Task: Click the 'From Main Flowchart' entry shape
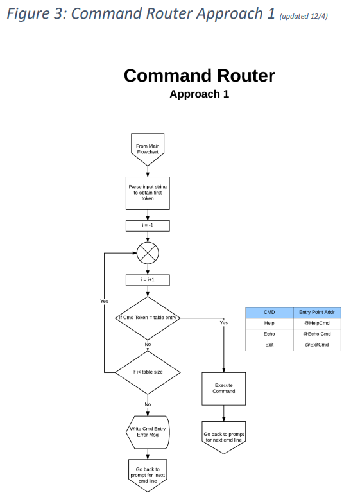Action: [148, 149]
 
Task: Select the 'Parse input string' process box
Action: [148, 193]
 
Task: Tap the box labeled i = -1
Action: [148, 225]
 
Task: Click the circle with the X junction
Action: [148, 253]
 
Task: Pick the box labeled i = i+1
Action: [148, 280]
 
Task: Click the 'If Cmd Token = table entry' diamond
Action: [148, 318]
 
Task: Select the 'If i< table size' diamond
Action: [148, 372]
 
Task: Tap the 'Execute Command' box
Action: [224, 388]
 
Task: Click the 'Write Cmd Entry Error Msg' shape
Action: [148, 432]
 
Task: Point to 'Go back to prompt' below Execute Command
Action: [224, 437]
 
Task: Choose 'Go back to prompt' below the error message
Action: [148, 476]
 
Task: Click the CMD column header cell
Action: [269, 313]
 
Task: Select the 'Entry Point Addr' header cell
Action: [317, 313]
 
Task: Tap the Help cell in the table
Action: [269, 324]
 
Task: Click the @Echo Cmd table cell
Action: [317, 334]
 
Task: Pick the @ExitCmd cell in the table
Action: [317, 345]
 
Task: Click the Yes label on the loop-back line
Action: [104, 301]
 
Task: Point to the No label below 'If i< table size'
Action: [148, 404]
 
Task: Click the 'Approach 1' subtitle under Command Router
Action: [200, 94]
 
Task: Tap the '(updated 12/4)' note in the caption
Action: [304, 16]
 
